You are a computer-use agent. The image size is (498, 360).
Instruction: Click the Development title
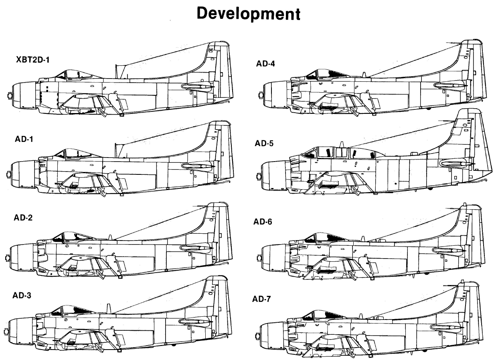click(x=249, y=14)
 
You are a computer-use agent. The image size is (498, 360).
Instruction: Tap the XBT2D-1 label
click(x=33, y=60)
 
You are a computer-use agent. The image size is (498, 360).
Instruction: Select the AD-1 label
click(x=24, y=139)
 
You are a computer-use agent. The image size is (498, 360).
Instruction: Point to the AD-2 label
click(x=23, y=218)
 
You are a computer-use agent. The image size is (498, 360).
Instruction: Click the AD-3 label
click(x=22, y=295)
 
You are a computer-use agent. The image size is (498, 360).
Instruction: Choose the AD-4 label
click(x=265, y=64)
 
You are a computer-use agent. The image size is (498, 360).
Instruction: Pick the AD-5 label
click(x=264, y=144)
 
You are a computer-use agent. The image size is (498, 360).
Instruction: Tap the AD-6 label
click(x=263, y=222)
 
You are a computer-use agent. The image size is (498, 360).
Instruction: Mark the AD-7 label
click(x=261, y=299)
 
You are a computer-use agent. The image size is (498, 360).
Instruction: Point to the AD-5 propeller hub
click(x=259, y=176)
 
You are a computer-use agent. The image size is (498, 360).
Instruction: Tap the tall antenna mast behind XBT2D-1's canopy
click(x=116, y=71)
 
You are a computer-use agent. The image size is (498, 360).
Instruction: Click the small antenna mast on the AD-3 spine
click(x=109, y=309)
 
